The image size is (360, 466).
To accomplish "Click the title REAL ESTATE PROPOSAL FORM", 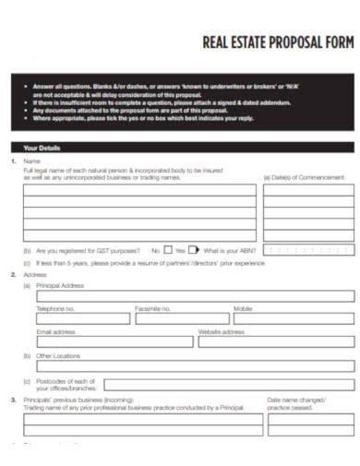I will (x=277, y=42).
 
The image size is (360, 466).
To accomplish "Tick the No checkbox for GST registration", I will (x=168, y=249).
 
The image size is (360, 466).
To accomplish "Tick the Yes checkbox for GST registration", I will (x=193, y=249).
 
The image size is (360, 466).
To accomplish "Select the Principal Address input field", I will (x=195, y=297).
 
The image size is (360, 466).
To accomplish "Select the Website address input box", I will (x=276, y=341).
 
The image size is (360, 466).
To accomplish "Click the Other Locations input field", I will (x=195, y=365).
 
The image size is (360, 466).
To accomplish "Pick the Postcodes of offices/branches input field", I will (x=229, y=385).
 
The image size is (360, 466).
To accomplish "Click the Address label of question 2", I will (x=35, y=275).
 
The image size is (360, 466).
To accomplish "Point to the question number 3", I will (x=13, y=400).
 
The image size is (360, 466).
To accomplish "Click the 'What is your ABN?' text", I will (x=231, y=249).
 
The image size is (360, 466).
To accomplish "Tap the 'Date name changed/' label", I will (x=295, y=400).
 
